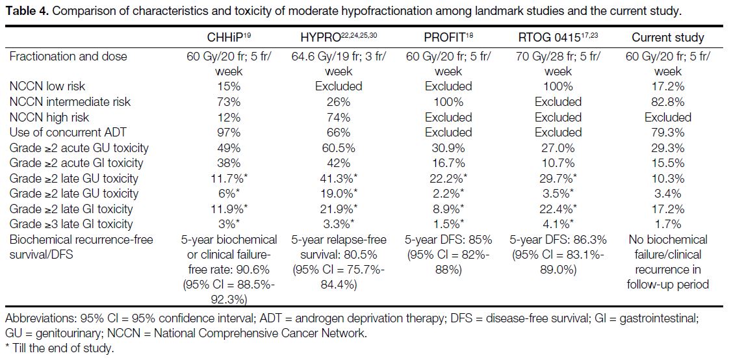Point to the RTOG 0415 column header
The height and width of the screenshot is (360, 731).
click(558, 37)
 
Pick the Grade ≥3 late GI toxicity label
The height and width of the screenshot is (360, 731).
click(71, 224)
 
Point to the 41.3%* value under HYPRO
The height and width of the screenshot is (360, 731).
click(339, 179)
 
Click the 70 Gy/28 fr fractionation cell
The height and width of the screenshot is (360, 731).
click(558, 64)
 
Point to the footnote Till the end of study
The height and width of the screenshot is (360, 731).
click(60, 348)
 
